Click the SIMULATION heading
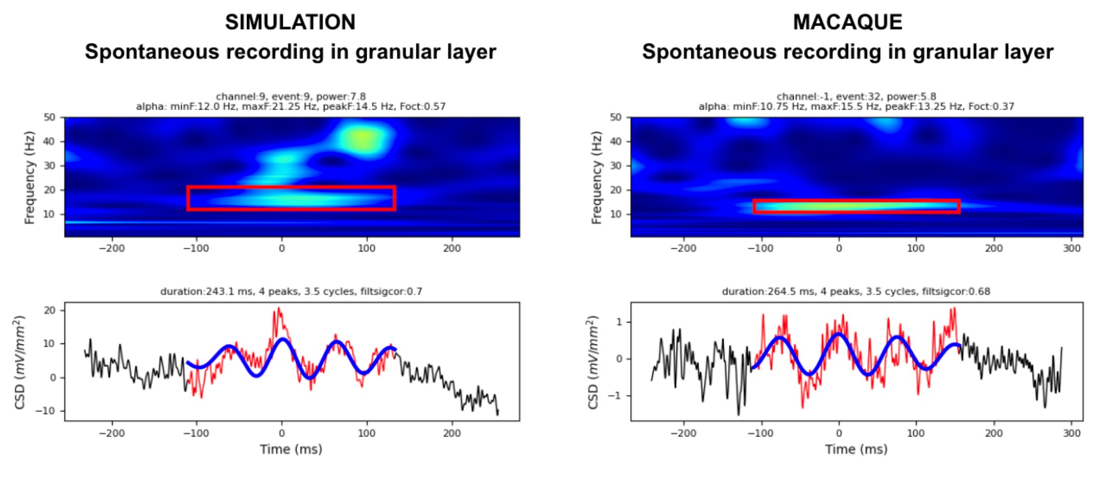coord(290,22)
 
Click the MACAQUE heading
coord(847,22)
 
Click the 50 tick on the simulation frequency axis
coord(49,117)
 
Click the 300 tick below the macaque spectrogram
coord(1071,248)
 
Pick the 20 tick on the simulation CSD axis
coord(49,310)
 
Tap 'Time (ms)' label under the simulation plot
coord(291,449)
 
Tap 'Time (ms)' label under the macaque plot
coord(856,449)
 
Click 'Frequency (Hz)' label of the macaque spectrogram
coord(596,178)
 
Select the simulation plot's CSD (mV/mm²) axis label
coord(19,362)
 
